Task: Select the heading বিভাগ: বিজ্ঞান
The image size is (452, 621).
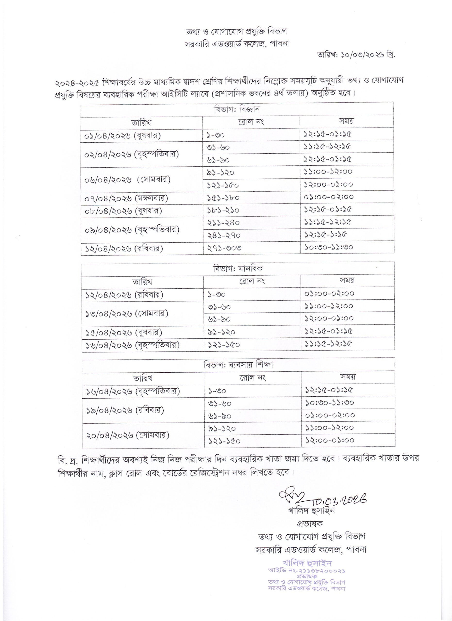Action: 237,109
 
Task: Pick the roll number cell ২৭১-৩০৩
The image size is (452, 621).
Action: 224,248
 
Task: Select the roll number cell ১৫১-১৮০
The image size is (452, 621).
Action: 223,198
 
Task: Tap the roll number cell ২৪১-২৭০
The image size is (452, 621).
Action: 223,235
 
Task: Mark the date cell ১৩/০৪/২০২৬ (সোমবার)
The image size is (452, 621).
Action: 126,313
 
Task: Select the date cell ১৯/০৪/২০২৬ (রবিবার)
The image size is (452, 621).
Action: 125,410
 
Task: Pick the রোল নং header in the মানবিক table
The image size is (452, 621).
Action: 252,281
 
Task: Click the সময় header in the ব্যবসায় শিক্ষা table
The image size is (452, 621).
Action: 348,377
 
